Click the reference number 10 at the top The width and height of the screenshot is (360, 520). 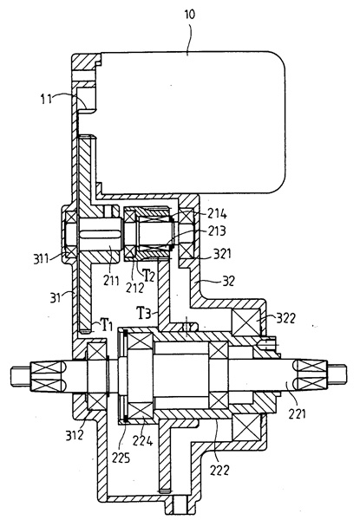click(x=189, y=15)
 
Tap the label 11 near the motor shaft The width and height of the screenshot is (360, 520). click(x=47, y=99)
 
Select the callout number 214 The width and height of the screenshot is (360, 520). click(x=217, y=214)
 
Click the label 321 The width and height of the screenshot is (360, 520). click(x=222, y=254)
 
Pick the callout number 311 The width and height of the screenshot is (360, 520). click(x=41, y=258)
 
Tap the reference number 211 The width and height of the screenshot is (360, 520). click(x=111, y=281)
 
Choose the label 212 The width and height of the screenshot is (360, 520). click(x=134, y=288)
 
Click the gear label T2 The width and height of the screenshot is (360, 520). click(x=148, y=276)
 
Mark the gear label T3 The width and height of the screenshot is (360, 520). click(x=144, y=313)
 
